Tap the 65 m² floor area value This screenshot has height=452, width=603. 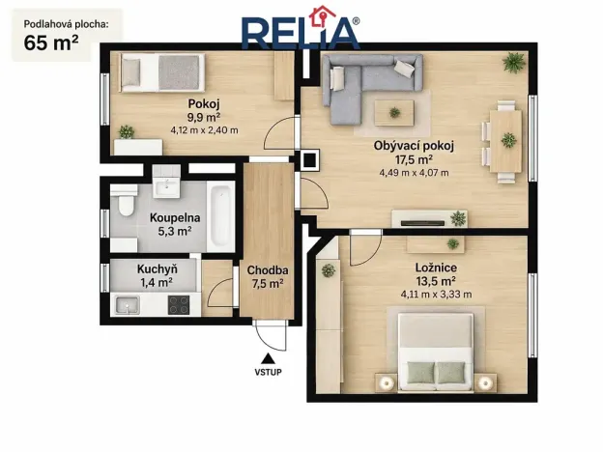(51, 42)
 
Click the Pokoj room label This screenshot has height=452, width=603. (204, 103)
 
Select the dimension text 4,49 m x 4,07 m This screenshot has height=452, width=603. (414, 173)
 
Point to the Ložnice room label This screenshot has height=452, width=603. (436, 268)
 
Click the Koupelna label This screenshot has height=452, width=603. (175, 217)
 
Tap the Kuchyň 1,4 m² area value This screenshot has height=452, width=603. (157, 282)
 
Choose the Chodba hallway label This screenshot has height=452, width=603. (268, 270)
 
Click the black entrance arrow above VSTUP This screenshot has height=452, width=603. (268, 358)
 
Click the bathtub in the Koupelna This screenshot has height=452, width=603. (220, 216)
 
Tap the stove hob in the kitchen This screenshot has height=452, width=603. (179, 305)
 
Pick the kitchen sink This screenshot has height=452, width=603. (127, 305)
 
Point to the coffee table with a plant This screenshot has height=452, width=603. (394, 113)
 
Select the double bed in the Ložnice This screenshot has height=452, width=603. (436, 353)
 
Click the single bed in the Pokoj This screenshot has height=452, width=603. (162, 72)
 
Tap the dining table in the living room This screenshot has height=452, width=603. (505, 141)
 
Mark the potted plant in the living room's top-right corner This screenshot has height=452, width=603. (514, 62)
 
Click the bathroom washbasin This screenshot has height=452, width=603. (166, 187)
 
